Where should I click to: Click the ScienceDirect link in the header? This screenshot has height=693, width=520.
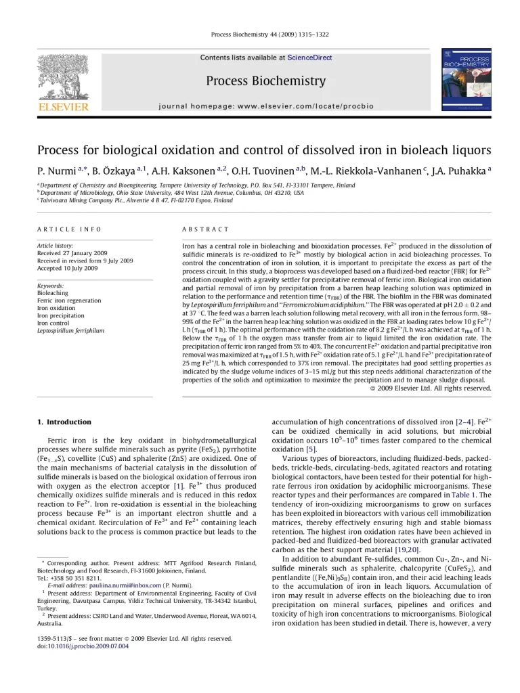pyautogui.click(x=309, y=58)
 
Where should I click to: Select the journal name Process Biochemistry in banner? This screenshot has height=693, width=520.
pyautogui.click(x=265, y=81)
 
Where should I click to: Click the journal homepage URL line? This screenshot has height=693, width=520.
pyautogui.click(x=265, y=106)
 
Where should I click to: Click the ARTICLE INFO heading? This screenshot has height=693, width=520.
pyautogui.click(x=69, y=230)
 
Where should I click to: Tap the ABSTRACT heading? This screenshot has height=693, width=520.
pyautogui.click(x=206, y=230)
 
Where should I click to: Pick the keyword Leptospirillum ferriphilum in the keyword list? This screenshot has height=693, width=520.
pyautogui.click(x=70, y=331)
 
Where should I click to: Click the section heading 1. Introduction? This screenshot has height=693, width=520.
pyautogui.click(x=64, y=422)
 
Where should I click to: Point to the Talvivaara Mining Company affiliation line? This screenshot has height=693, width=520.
pyautogui.click(x=135, y=200)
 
